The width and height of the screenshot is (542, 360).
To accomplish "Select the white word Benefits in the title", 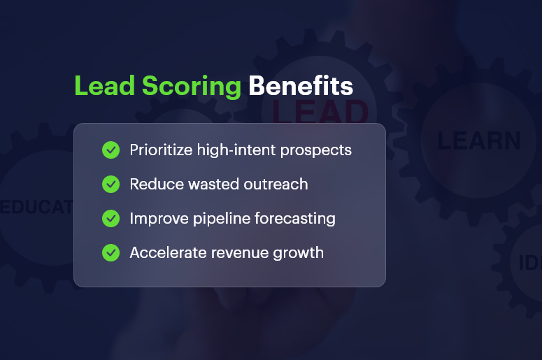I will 301,86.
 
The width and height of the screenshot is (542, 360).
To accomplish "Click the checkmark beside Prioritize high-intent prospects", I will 110,150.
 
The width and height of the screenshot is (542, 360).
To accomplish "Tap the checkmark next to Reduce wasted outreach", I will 110,185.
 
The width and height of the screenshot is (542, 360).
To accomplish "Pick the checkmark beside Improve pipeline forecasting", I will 110,219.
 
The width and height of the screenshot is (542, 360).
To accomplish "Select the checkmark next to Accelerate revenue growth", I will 110,252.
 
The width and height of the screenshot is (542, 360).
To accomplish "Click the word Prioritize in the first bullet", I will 159,150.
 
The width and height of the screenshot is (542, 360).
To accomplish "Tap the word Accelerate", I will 164,252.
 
